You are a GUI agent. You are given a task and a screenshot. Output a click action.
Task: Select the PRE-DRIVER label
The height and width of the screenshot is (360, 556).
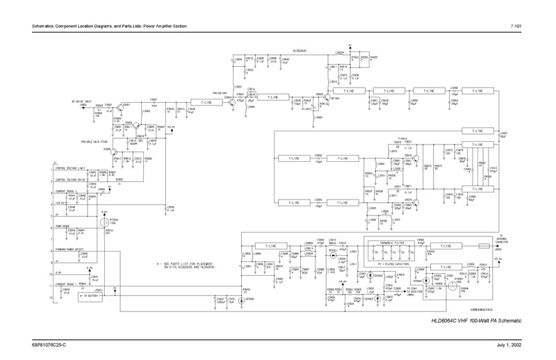(212, 94)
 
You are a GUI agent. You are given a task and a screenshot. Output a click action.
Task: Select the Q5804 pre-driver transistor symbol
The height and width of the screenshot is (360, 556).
(231, 101)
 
